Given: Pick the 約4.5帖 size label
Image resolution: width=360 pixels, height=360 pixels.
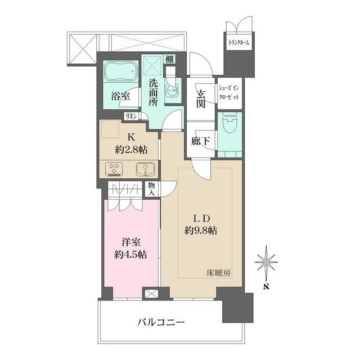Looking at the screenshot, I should coord(132,254).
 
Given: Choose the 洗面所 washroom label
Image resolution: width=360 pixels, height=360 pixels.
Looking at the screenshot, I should coord(153,93).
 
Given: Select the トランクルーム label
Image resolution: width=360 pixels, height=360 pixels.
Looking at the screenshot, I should coord(238,43).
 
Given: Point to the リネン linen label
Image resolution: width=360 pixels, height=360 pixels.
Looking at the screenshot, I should coord(131,116).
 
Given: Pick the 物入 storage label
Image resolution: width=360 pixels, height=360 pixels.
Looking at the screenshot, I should coord(152,188).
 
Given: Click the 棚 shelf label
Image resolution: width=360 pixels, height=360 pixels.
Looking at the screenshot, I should coord(169,60).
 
